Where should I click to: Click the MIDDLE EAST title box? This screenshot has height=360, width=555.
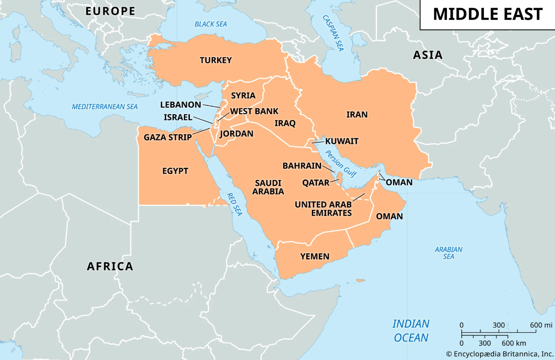(x=487, y=15)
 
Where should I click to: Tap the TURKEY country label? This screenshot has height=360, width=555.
(x=215, y=60)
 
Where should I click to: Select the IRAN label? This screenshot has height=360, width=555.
(x=357, y=114)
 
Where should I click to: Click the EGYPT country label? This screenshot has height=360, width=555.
(x=175, y=171)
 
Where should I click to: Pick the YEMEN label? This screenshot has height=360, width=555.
(x=315, y=256)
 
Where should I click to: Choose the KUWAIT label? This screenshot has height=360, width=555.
(x=342, y=141)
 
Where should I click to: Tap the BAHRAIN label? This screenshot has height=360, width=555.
(x=302, y=166)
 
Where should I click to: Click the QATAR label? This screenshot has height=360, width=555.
(x=316, y=183)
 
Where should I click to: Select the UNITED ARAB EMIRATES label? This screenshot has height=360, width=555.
(x=323, y=209)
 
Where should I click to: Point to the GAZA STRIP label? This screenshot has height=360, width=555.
(x=167, y=137)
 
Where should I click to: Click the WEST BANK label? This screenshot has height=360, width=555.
(x=254, y=111)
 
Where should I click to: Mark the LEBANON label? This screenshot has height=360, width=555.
(x=181, y=104)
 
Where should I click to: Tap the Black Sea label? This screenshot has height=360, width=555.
(x=210, y=24)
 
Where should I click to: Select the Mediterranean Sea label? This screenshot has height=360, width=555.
(x=105, y=106)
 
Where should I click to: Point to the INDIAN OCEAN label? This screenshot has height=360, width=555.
(x=411, y=331)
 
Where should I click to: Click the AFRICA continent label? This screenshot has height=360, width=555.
(x=110, y=266)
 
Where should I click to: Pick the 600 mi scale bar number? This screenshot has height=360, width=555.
(x=541, y=325)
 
